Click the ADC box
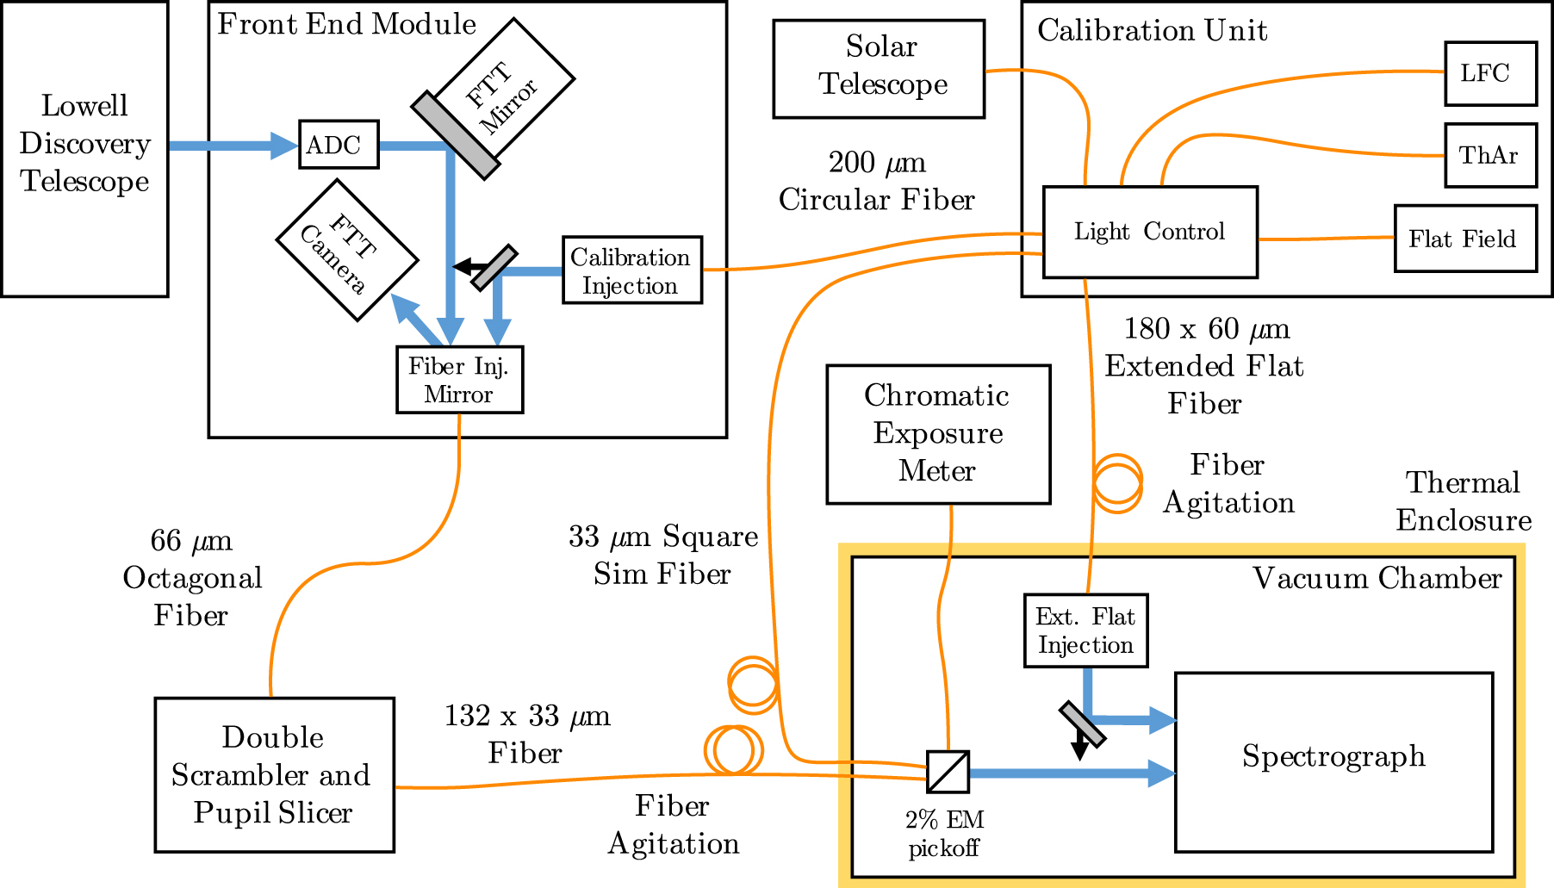pos(339,145)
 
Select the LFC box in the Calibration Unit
pos(1490,74)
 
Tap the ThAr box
pos(1490,155)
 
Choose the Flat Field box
pos(1464,239)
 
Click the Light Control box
pos(1149,232)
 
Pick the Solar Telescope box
pos(879,68)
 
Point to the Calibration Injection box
pos(631,270)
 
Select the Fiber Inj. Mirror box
pos(459,380)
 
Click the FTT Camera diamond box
pos(347,250)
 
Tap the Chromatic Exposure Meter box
pos(937,434)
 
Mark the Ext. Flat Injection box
pos(1085,630)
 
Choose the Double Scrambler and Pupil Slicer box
pos(274,774)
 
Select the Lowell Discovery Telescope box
pos(84,148)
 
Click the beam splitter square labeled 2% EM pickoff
pos(948,772)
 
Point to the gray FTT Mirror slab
pos(455,135)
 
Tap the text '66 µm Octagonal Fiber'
pos(191,578)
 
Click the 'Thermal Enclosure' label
pos(1463,501)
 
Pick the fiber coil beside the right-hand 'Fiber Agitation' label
pos(1117,483)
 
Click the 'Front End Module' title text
pos(346,24)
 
